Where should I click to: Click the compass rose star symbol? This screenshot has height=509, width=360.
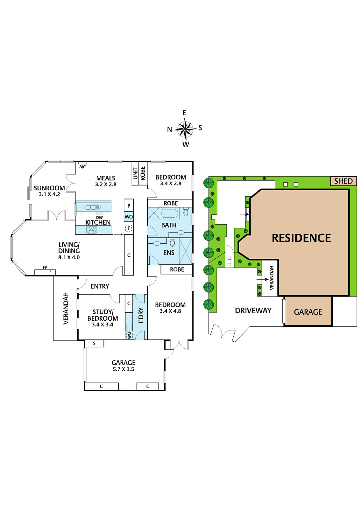pos(185,129)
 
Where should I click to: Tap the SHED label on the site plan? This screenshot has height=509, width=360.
pos(343,181)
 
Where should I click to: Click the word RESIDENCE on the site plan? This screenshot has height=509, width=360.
pos(301,238)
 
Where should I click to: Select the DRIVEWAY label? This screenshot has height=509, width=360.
pos(253,310)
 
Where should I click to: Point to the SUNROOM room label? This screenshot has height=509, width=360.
pos(49,188)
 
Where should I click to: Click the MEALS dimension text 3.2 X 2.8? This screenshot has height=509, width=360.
pos(106,184)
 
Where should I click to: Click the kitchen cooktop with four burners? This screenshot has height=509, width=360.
pos(92,230)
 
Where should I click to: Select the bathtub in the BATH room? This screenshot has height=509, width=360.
pos(170,213)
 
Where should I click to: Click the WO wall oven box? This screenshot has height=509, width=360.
pos(129,217)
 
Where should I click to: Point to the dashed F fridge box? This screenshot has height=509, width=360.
pos(129,228)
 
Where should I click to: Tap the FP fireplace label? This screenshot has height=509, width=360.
pos(45,268)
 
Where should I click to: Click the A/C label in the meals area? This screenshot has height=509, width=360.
pos(82,167)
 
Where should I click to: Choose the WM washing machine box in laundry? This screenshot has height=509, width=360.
pos(129,335)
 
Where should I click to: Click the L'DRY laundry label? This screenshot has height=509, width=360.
pos(141,315)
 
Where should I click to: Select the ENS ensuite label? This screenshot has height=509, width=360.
pos(169,253)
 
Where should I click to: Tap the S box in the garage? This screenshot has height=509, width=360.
pos(95,343)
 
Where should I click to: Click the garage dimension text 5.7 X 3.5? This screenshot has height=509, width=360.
pos(123,369)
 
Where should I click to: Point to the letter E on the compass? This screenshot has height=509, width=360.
pos(184,113)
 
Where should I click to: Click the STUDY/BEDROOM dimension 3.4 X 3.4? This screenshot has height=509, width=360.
pos(102,324)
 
